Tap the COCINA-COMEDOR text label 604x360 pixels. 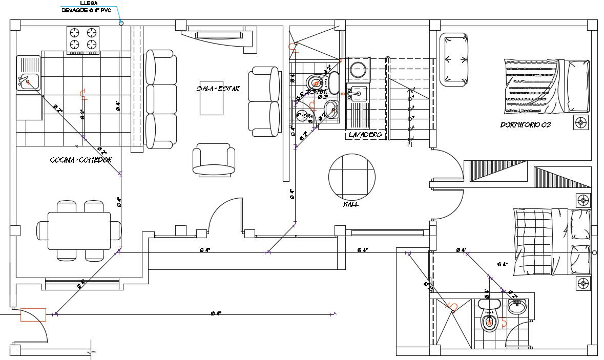80,160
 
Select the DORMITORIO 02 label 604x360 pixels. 525,124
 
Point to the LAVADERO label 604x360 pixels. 365,135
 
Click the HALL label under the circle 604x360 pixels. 351,204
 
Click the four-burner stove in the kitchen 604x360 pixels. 82,39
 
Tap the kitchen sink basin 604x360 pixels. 28,81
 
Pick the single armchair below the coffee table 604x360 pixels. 214,159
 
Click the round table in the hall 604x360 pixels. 351,177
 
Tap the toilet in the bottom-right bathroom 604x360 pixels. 489,323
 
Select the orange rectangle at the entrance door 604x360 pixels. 33,314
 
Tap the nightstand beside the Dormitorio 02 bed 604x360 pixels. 581,122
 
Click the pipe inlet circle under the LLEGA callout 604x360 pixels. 121,23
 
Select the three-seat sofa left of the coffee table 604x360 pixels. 160,99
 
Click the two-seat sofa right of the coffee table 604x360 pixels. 265,101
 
